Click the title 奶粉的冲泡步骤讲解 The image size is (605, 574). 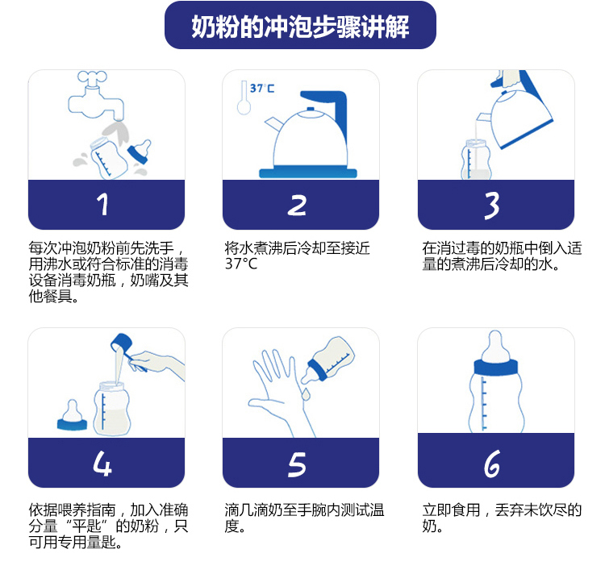[x=300, y=27]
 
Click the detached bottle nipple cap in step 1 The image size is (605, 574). [x=140, y=152]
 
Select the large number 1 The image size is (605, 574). [x=102, y=204]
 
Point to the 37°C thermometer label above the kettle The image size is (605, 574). [x=262, y=89]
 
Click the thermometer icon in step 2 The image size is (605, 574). [x=244, y=98]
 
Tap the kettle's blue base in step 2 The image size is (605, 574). [x=308, y=173]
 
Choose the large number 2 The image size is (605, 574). [x=297, y=205]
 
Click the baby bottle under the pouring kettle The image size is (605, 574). [x=476, y=160]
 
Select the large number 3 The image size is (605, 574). [x=492, y=206]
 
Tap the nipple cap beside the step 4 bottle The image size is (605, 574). [x=72, y=415]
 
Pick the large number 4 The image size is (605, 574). [x=102, y=463]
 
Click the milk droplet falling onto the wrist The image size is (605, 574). [x=306, y=394]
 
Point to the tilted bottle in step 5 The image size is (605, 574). [x=328, y=360]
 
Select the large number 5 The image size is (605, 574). [x=297, y=464]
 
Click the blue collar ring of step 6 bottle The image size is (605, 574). [x=496, y=368]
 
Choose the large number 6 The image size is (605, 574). [x=492, y=464]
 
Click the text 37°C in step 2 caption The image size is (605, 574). [x=240, y=264]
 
